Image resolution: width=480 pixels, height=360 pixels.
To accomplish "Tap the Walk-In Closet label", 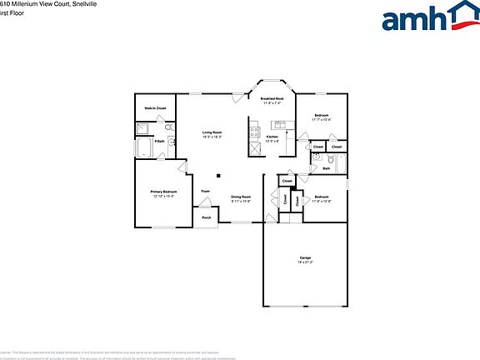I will click(155, 108).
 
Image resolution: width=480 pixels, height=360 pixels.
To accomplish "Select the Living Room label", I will click(212, 132).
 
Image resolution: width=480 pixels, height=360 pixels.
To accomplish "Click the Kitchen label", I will click(272, 136).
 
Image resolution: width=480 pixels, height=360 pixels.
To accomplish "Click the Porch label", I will click(206, 218).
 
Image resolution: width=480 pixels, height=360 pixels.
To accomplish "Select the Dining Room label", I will click(241, 197).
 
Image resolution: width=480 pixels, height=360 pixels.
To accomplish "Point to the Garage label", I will click(306, 257).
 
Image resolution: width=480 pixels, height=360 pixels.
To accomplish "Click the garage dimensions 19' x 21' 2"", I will click(306, 262).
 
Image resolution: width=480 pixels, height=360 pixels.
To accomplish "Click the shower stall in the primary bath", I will click(142, 128).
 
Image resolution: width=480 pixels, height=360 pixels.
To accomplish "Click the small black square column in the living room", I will click(218, 175).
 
